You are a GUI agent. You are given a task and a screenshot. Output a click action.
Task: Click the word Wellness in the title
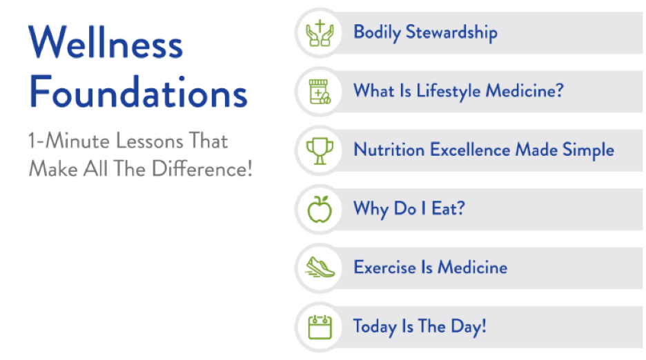pyautogui.click(x=106, y=42)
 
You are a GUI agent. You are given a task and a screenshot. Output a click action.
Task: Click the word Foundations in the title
pyautogui.click(x=139, y=92)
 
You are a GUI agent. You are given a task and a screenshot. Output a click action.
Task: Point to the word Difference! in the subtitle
pyautogui.click(x=202, y=168)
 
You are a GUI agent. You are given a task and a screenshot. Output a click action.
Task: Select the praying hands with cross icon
pyautogui.click(x=320, y=33)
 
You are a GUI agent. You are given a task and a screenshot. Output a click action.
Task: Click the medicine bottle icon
pyautogui.click(x=320, y=92)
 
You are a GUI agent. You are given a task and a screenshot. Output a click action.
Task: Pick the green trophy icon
pyautogui.click(x=320, y=151)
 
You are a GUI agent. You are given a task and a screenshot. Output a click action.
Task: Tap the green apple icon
pyautogui.click(x=320, y=209)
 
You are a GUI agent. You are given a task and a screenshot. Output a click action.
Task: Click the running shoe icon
pyautogui.click(x=320, y=268)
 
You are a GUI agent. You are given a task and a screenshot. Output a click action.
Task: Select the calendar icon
pyautogui.click(x=320, y=327)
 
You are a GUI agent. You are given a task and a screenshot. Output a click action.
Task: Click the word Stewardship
pyautogui.click(x=451, y=32)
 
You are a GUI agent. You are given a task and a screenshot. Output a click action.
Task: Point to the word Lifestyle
pyautogui.click(x=448, y=91)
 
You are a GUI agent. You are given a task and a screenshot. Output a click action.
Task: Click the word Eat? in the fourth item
pyautogui.click(x=448, y=208)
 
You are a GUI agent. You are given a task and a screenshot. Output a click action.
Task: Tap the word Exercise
pyautogui.click(x=385, y=268)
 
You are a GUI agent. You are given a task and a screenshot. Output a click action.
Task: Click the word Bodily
pyautogui.click(x=377, y=32)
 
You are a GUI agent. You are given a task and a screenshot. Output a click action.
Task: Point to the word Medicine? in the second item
pyautogui.click(x=525, y=90)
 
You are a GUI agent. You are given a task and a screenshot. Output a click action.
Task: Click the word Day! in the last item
pyautogui.click(x=469, y=327)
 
